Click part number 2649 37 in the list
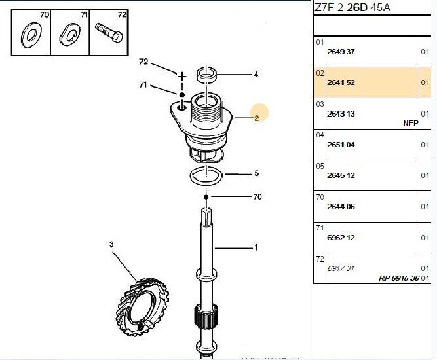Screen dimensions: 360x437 click(x=341, y=52)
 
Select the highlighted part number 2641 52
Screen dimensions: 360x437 click(x=341, y=83)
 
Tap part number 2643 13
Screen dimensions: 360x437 click(x=341, y=114)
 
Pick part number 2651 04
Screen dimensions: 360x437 click(x=341, y=145)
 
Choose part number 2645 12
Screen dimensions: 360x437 click(x=341, y=175)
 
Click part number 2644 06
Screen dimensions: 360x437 click(x=341, y=206)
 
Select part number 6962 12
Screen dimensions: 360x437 click(x=341, y=238)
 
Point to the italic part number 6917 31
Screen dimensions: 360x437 click(x=340, y=268)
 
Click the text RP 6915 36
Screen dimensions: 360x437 click(x=398, y=278)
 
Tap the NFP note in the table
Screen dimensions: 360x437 click(x=410, y=123)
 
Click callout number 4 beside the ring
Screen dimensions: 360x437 click(x=256, y=75)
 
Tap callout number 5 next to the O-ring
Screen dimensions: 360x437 click(x=256, y=174)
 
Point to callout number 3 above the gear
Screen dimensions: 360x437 click(x=111, y=244)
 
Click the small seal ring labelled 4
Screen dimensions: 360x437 click(x=208, y=74)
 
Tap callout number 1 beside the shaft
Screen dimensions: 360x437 click(x=256, y=247)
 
